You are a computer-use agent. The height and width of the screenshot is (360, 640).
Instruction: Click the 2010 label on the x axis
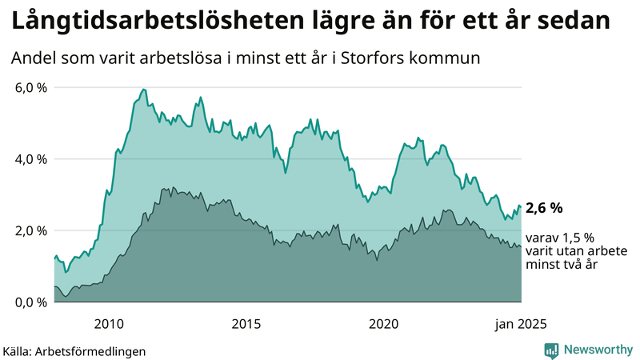tap(109, 324)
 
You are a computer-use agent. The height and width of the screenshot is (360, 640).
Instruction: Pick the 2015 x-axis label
tap(246, 324)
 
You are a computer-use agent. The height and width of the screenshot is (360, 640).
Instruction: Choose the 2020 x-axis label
tap(384, 324)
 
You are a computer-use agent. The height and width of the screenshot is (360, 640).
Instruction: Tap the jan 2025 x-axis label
tap(521, 324)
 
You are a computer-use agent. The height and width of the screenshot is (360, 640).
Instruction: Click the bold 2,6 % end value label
tap(544, 208)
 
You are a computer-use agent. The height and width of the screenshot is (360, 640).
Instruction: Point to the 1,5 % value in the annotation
tap(578, 238)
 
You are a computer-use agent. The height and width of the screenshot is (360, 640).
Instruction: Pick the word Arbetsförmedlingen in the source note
tap(95, 350)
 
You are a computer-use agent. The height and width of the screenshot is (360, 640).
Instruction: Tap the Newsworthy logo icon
tap(551, 350)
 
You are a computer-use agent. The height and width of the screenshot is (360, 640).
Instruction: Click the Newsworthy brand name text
tap(598, 350)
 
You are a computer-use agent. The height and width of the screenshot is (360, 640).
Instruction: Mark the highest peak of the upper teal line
tap(143, 89)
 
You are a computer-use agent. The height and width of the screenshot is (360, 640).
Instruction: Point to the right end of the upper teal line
tap(521, 207)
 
